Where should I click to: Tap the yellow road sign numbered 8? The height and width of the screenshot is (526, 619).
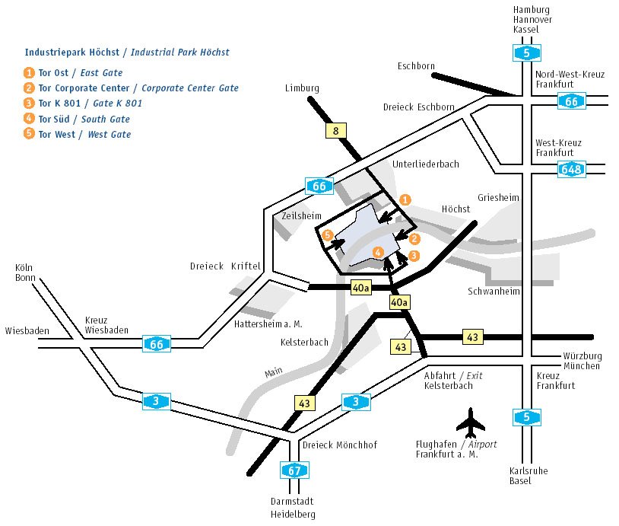(x=335, y=130)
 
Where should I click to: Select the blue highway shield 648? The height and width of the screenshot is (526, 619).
(x=571, y=169)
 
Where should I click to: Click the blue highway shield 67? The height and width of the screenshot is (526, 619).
(x=294, y=470)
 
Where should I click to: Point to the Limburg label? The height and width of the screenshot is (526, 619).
(x=302, y=88)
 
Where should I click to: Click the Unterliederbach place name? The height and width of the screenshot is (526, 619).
(x=426, y=164)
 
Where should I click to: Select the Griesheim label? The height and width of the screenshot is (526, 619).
(x=498, y=198)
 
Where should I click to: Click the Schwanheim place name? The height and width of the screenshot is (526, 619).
(x=492, y=292)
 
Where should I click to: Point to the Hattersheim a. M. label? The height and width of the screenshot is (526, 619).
(x=267, y=324)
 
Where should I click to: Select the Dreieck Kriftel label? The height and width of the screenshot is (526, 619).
(x=225, y=266)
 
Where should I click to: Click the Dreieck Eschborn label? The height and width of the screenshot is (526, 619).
(x=419, y=107)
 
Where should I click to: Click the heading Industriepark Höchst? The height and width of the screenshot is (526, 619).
(x=126, y=53)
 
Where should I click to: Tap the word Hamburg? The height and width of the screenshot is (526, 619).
(x=532, y=9)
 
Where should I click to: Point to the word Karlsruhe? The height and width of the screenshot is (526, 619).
(x=529, y=471)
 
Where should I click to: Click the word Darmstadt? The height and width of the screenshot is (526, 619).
(x=292, y=502)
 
